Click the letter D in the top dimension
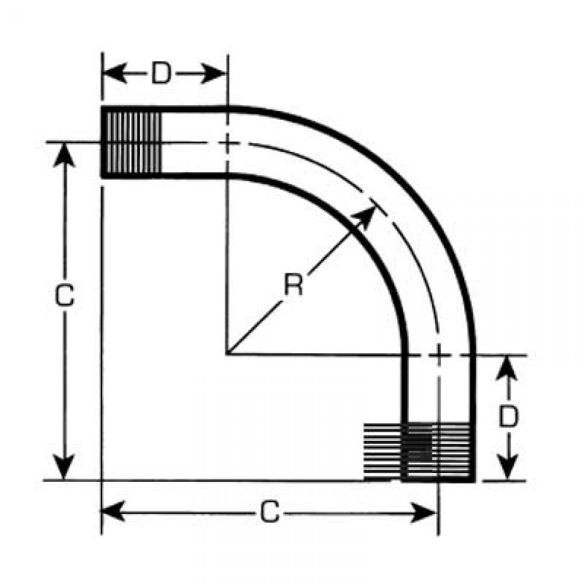coord(161,74)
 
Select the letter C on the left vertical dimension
coord(64,296)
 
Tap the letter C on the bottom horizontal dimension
coord(269,512)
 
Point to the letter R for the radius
coord(294,284)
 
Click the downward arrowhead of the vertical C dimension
coord(64,467)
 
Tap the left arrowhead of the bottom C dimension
coord(113,512)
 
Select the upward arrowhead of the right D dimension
coord(507,369)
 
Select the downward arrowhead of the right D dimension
coord(507,467)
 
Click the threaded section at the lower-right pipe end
coord(419,452)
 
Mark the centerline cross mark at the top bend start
coord(227,142)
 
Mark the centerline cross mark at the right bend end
coord(439,354)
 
